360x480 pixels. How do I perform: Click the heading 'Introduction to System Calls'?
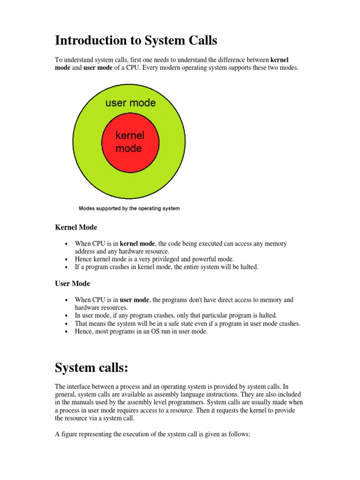click(136, 41)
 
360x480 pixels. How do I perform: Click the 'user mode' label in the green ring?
click(130, 102)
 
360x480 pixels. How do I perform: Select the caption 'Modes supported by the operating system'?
click(129, 208)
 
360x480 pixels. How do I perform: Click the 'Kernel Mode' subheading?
click(76, 227)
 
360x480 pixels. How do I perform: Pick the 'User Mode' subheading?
click(72, 284)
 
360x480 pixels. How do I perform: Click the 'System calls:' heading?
click(91, 368)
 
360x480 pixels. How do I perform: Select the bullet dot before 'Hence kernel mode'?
click(67, 260)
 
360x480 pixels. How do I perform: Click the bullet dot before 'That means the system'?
click(67, 324)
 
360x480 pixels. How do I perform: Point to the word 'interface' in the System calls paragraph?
click(82, 387)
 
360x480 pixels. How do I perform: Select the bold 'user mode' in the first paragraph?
click(98, 68)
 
